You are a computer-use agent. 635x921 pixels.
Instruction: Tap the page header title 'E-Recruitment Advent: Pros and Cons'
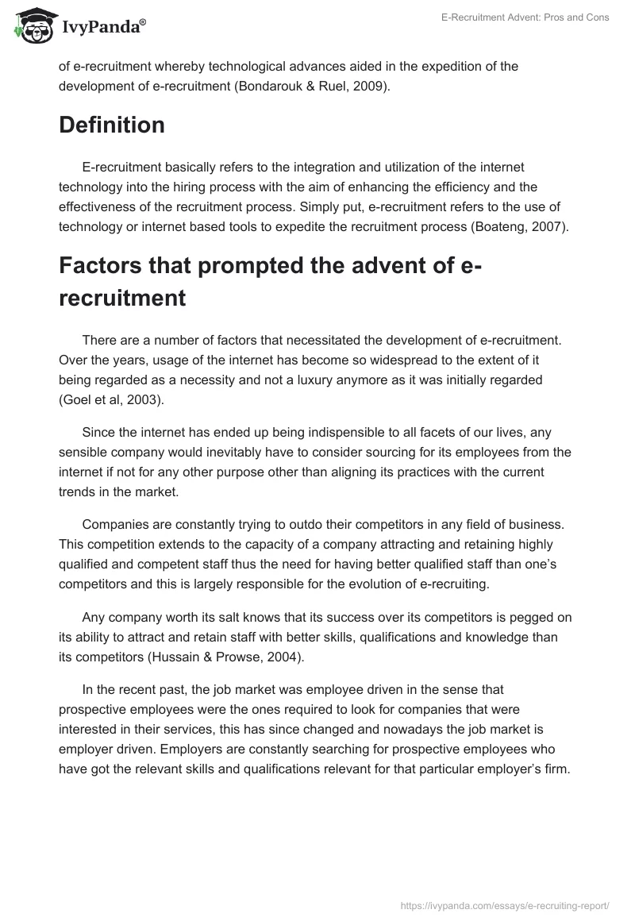[525, 17]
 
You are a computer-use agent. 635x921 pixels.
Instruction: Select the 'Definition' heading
[112, 125]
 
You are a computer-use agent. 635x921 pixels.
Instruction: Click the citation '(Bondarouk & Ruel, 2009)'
[312, 86]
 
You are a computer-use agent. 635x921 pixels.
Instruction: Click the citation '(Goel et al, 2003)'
[110, 399]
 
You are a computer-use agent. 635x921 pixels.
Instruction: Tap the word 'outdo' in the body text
[314, 525]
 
